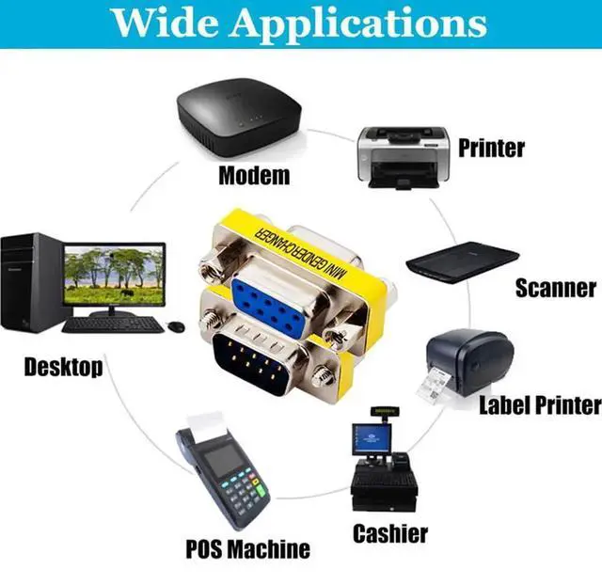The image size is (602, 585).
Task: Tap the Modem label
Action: pyautogui.click(x=254, y=176)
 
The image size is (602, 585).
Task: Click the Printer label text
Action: pyautogui.click(x=491, y=148)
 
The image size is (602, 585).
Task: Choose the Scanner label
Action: pyautogui.click(x=555, y=288)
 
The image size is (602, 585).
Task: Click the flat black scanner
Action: pyautogui.click(x=462, y=257)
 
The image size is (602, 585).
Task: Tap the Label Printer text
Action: pyautogui.click(x=540, y=405)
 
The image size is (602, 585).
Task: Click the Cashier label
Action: pyautogui.click(x=390, y=534)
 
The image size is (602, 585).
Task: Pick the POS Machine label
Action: pyautogui.click(x=247, y=548)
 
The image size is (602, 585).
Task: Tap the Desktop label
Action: pyautogui.click(x=63, y=366)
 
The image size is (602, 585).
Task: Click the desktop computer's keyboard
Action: pyautogui.click(x=112, y=324)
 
